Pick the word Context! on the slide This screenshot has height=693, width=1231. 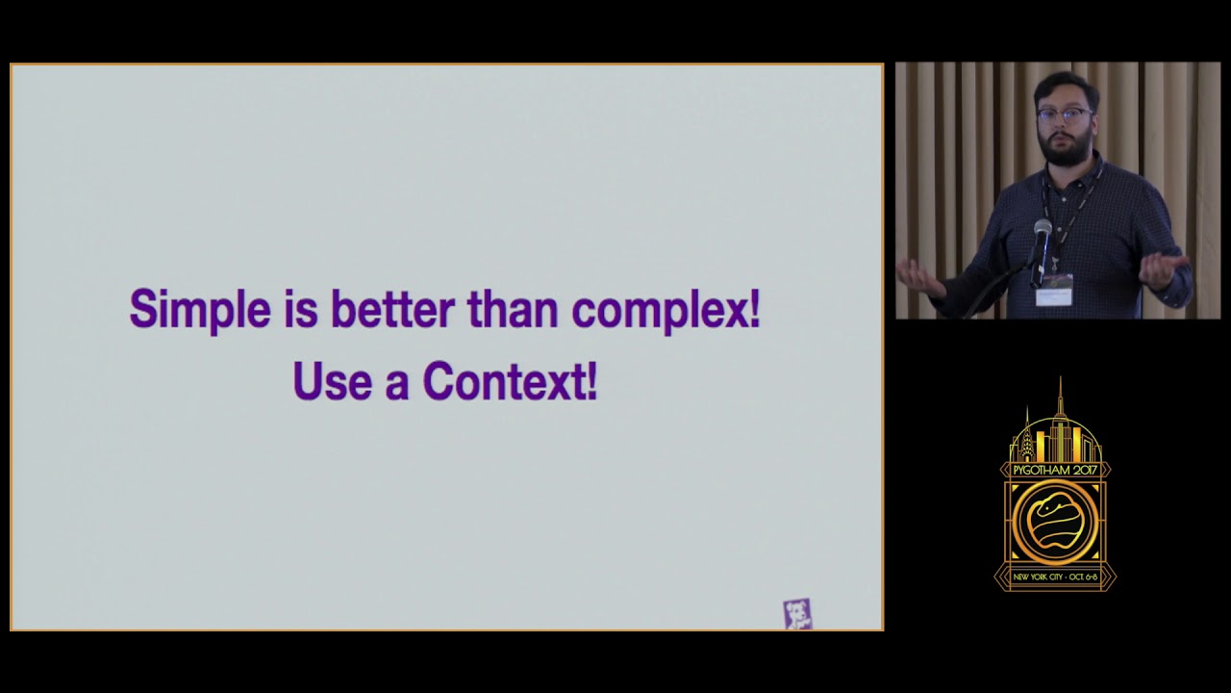tap(510, 381)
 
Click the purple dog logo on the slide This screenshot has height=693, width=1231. tap(797, 613)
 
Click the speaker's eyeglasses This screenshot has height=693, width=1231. tap(1064, 115)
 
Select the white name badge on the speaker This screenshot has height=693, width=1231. tap(1054, 289)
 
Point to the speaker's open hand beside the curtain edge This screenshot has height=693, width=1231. tap(919, 276)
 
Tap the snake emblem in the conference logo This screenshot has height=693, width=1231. tap(1054, 521)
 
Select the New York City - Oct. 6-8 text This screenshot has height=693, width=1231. tap(1055, 577)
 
